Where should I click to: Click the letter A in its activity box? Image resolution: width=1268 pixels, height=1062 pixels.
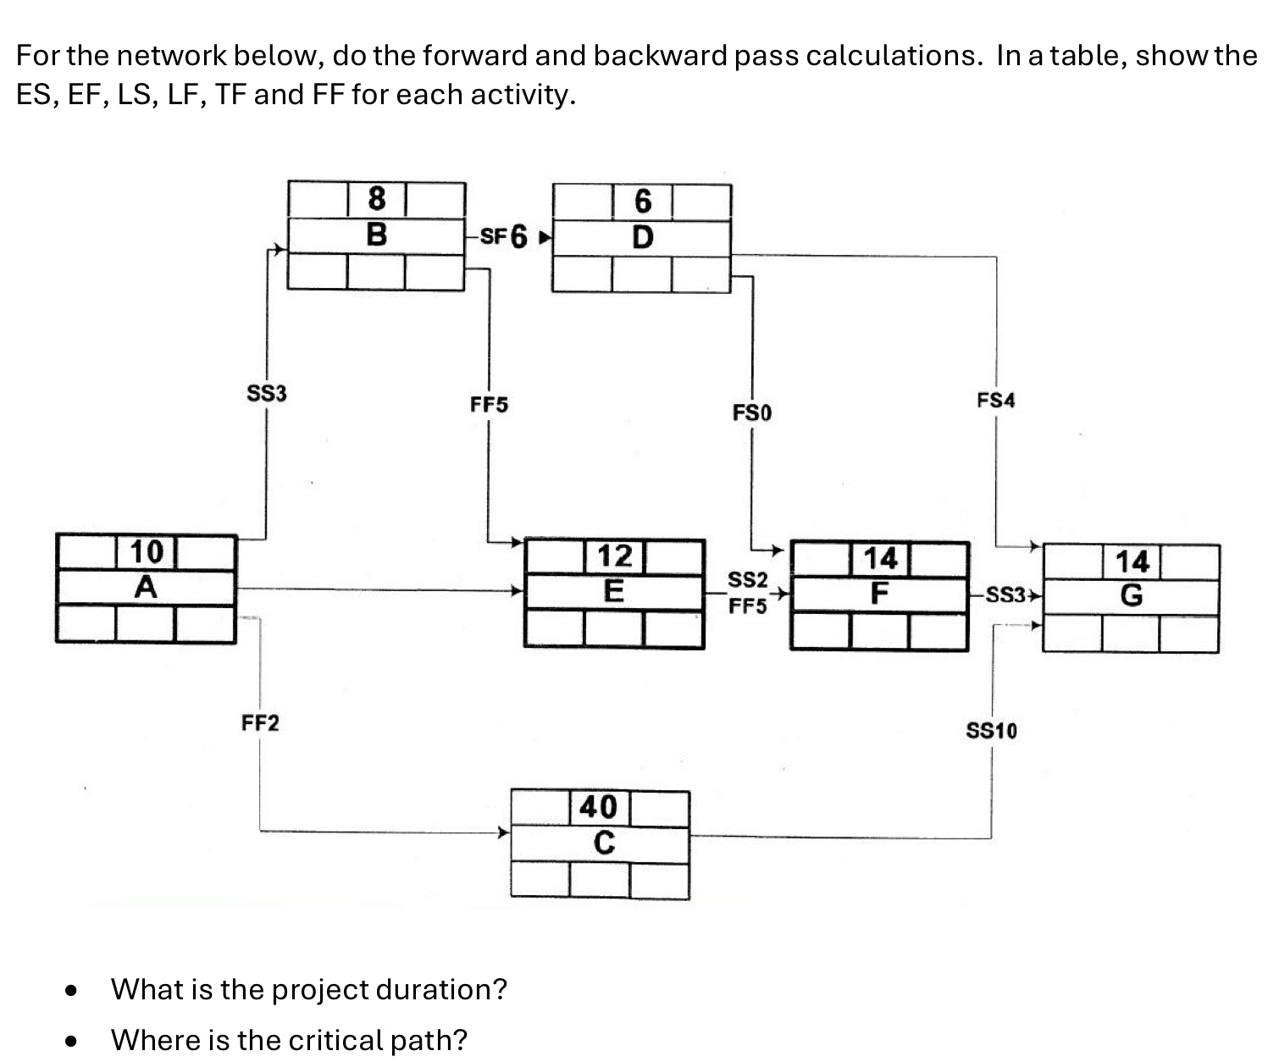pyautogui.click(x=146, y=586)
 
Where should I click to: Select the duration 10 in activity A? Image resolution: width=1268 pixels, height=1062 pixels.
pyautogui.click(x=146, y=551)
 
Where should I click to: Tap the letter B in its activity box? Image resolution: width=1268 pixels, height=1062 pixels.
pyautogui.click(x=376, y=235)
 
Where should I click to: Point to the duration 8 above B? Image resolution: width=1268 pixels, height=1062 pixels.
pyautogui.click(x=376, y=199)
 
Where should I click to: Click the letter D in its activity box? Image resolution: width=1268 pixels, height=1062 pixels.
pyautogui.click(x=643, y=237)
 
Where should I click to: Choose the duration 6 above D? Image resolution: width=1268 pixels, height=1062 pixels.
pyautogui.click(x=643, y=202)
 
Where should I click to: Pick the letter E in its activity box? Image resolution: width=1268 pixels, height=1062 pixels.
pyautogui.click(x=614, y=590)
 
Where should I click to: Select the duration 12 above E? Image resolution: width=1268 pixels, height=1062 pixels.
pyautogui.click(x=615, y=556)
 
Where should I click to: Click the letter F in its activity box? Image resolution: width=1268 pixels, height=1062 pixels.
pyautogui.click(x=879, y=593)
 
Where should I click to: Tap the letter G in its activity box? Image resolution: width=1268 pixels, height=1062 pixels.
pyautogui.click(x=1131, y=596)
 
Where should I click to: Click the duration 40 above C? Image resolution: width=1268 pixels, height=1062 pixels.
pyautogui.click(x=599, y=807)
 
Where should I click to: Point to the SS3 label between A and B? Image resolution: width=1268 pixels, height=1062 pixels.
pyautogui.click(x=267, y=394)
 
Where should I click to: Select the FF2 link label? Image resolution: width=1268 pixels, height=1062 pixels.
pyautogui.click(x=260, y=724)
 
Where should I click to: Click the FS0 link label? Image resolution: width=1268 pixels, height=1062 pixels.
pyautogui.click(x=752, y=413)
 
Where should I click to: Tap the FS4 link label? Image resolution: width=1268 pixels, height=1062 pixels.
pyautogui.click(x=995, y=401)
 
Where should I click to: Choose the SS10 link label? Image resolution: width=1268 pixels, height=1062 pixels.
pyautogui.click(x=992, y=731)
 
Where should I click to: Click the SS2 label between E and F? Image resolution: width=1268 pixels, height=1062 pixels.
pyautogui.click(x=748, y=580)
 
